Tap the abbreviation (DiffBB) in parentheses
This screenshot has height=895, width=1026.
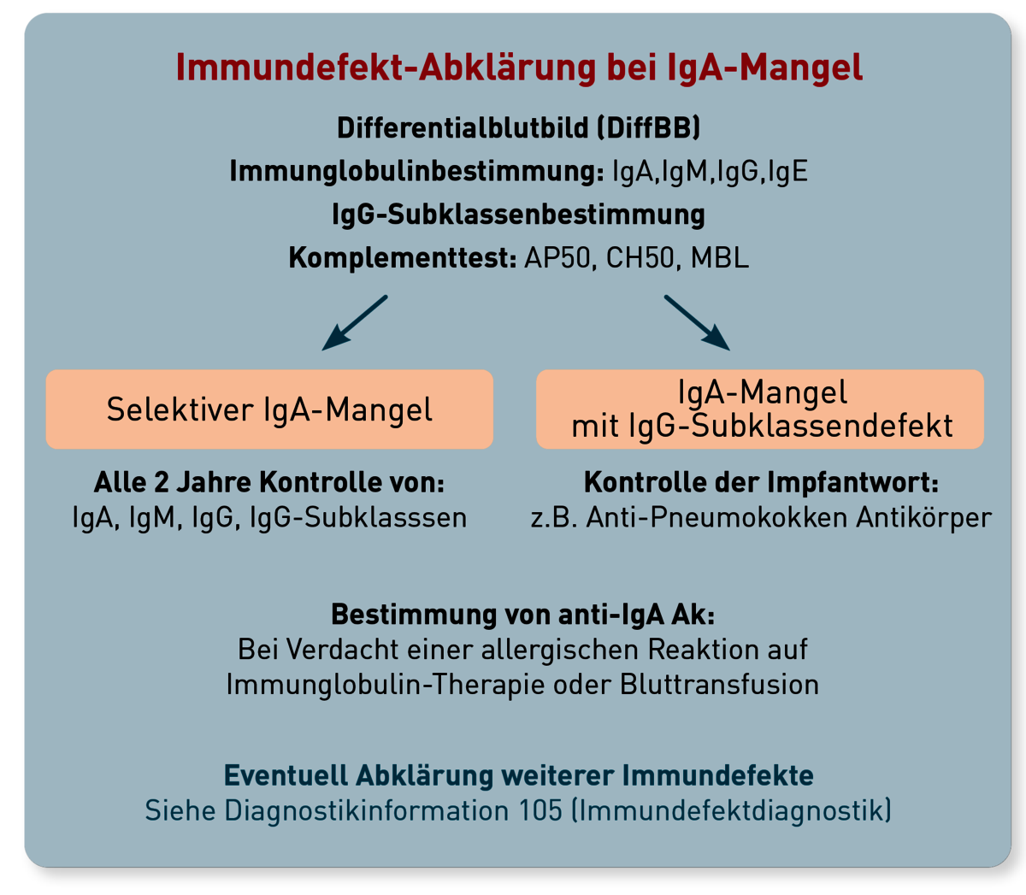point(648,128)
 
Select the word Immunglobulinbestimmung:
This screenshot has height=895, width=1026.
point(416,172)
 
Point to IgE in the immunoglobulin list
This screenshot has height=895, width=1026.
point(787,172)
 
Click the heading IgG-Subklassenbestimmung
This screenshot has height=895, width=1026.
point(518,215)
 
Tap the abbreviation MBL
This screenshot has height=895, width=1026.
point(719,259)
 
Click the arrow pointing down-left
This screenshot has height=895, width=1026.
point(355,323)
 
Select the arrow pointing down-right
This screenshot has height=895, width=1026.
point(697,323)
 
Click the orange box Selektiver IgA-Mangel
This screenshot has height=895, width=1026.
point(269,409)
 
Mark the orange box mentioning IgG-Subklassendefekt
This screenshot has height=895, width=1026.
point(760,409)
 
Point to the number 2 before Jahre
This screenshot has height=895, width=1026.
point(161,483)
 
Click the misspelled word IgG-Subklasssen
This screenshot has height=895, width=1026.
point(358,518)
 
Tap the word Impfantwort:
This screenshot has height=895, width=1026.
point(852,483)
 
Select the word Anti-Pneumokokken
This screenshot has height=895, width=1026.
point(717,518)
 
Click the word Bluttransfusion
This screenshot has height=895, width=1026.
point(719,685)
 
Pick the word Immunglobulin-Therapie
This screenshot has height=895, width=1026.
point(385,685)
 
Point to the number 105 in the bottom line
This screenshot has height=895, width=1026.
point(540,810)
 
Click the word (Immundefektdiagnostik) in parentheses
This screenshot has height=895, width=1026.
point(731,811)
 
